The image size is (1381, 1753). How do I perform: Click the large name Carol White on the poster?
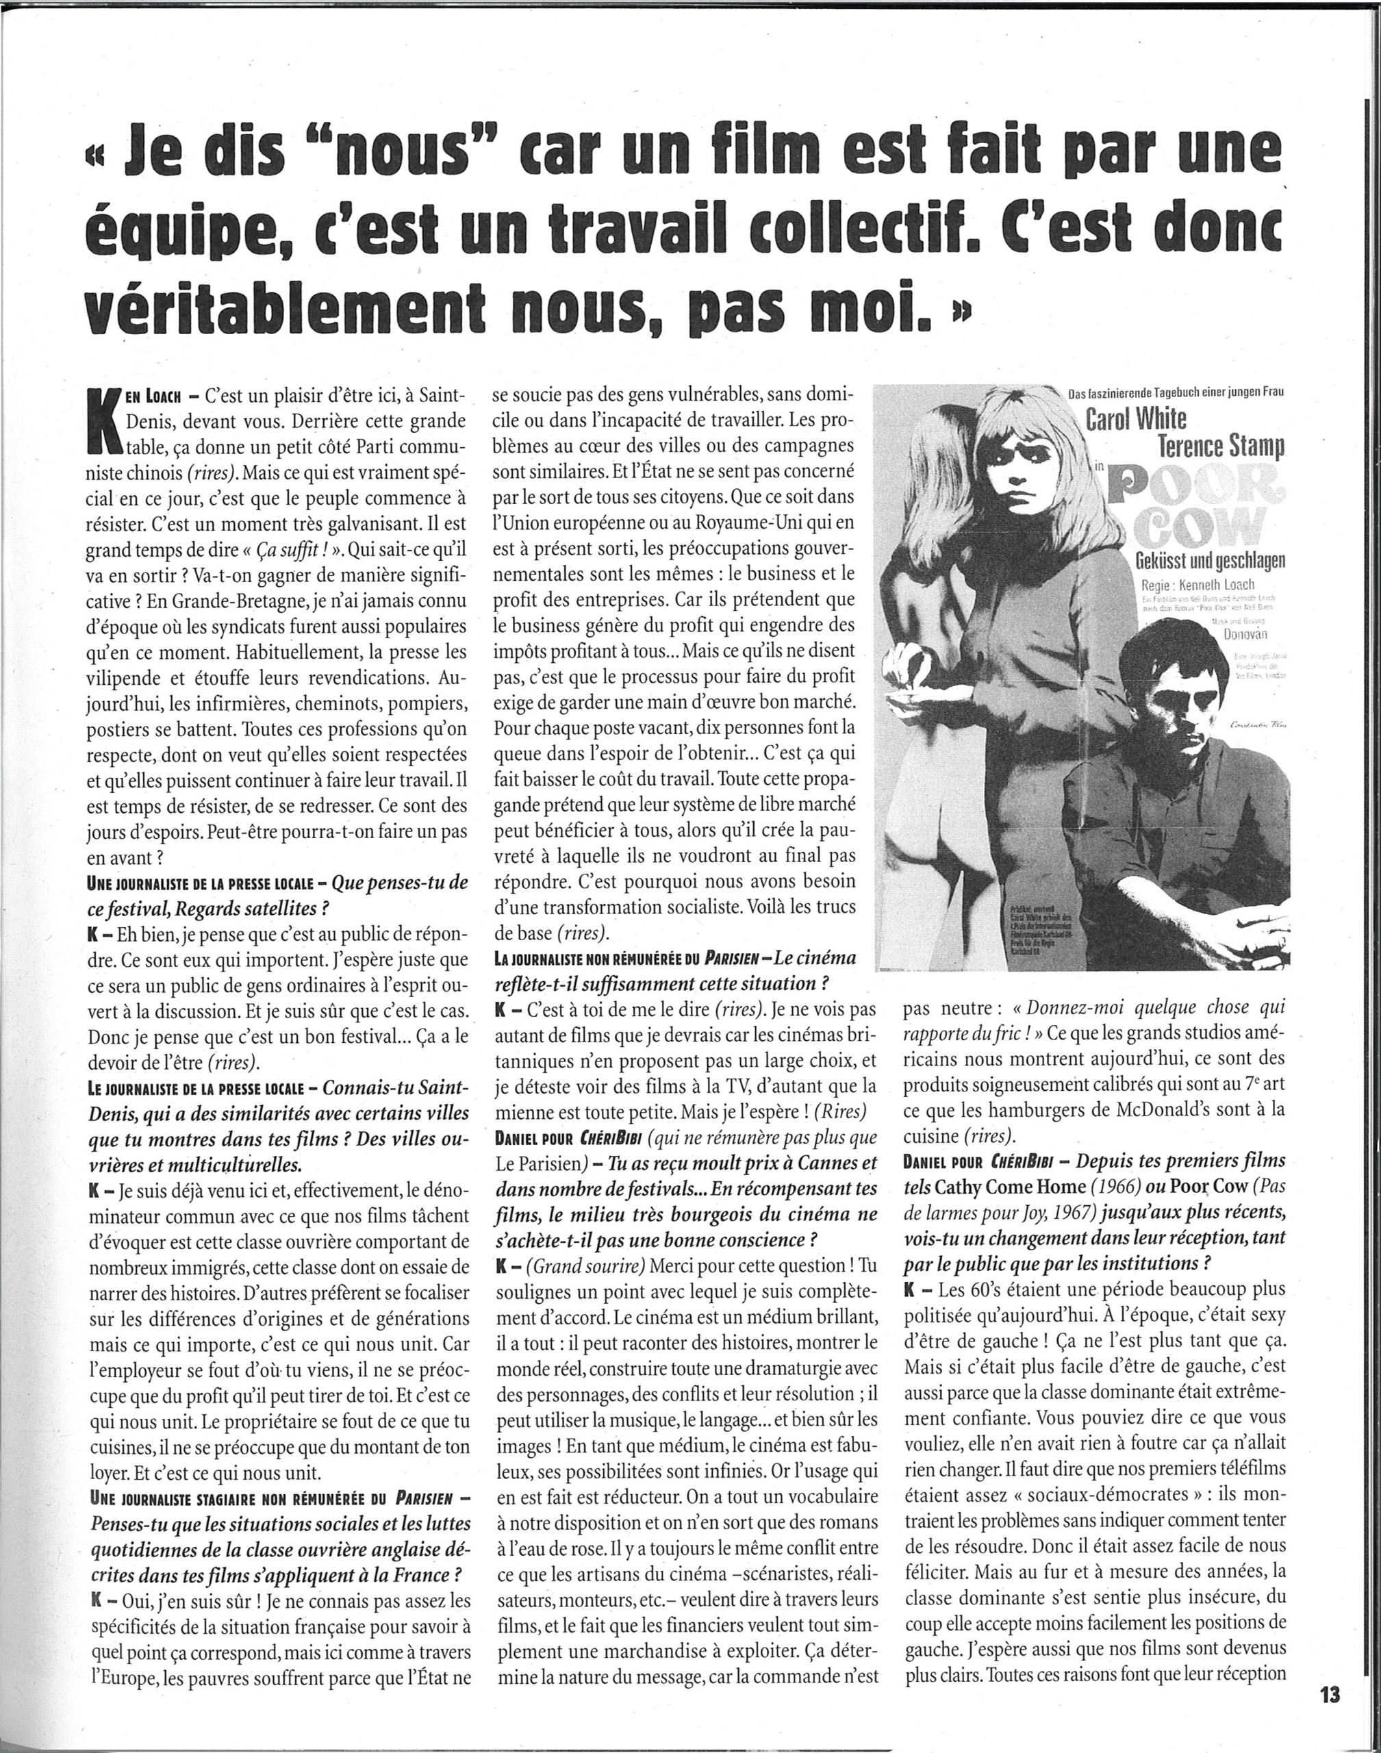(x=1135, y=419)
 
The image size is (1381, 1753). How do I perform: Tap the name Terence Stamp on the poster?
(x=1221, y=446)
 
